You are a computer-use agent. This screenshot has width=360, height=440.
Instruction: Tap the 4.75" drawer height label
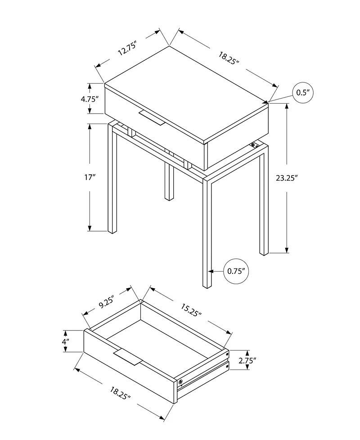pos(90,99)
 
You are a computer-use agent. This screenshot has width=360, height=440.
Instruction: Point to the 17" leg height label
pos(90,177)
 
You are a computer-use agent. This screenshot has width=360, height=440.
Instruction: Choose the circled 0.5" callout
pos(302,93)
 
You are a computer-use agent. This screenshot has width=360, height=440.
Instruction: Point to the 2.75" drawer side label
pos(248,360)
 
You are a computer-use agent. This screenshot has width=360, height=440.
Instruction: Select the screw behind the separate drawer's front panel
pos(181,382)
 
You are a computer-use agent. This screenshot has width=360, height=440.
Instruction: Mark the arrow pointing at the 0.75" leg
pos(216,271)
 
